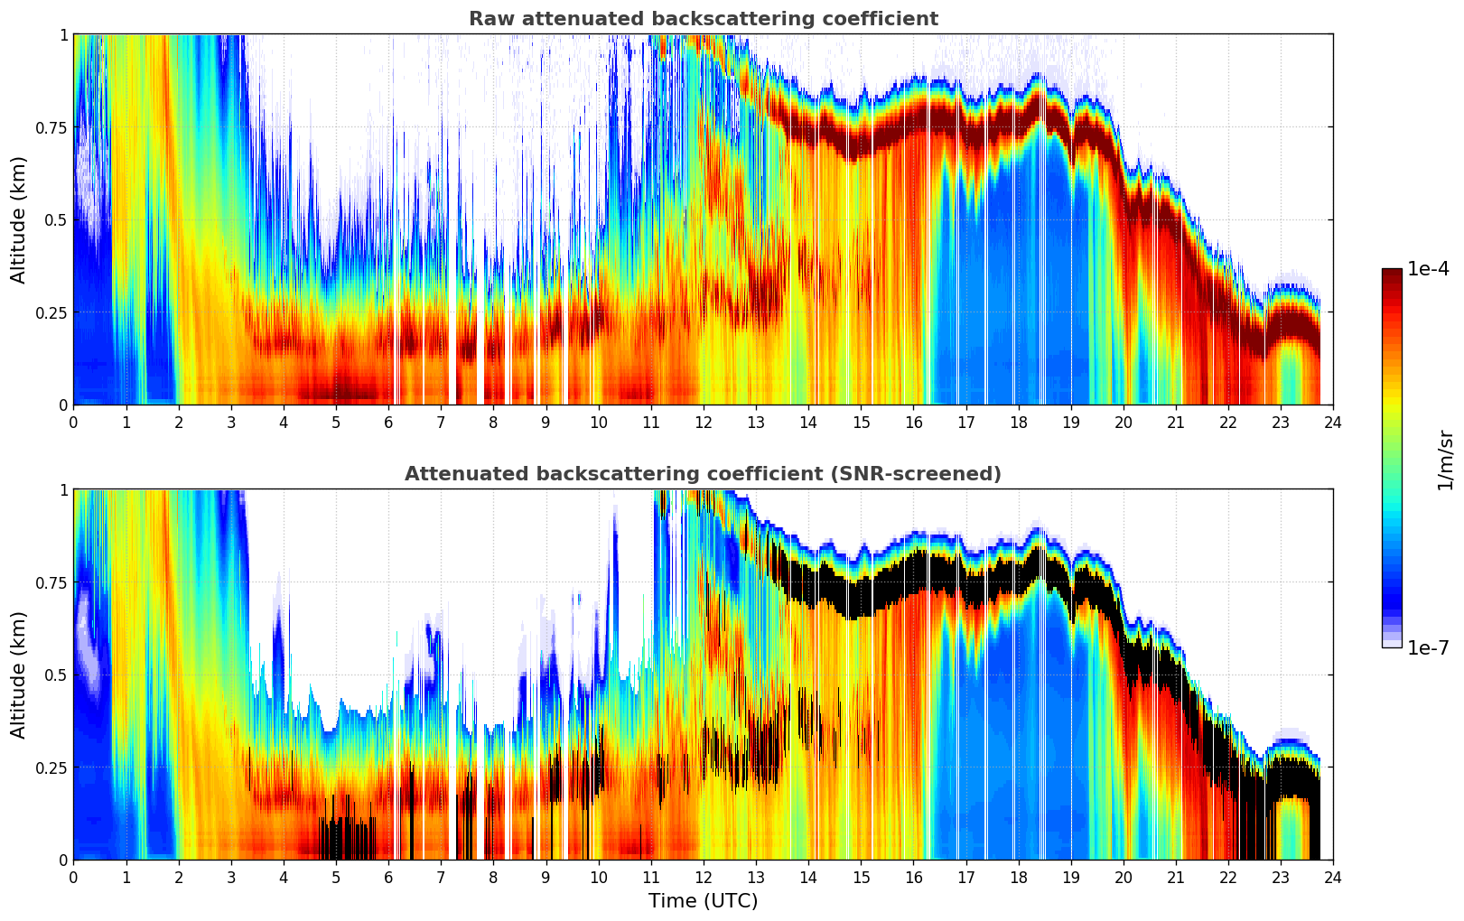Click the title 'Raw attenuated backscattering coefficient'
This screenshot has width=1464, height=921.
(x=703, y=19)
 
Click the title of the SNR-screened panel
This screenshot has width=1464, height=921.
(x=703, y=474)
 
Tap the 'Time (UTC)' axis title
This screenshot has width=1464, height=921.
(x=703, y=901)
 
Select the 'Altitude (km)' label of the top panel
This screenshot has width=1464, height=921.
(x=19, y=219)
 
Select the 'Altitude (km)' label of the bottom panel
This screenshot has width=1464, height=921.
(x=19, y=674)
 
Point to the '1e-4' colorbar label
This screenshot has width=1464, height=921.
(x=1428, y=269)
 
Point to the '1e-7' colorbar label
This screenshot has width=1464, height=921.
(x=1428, y=648)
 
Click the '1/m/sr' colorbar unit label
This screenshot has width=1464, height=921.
(x=1445, y=460)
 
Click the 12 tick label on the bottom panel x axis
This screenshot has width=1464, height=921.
(x=704, y=878)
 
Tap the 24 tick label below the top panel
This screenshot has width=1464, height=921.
(x=1333, y=423)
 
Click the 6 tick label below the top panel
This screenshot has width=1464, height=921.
(x=388, y=423)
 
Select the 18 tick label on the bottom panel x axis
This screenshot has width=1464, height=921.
(x=1018, y=878)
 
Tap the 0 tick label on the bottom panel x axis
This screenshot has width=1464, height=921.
(x=73, y=878)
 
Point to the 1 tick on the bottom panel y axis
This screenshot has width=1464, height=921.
(x=62, y=489)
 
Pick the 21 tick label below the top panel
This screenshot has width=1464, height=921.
(x=1175, y=423)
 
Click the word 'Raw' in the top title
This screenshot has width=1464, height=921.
(x=488, y=19)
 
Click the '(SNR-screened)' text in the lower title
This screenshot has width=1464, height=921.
(x=928, y=474)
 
